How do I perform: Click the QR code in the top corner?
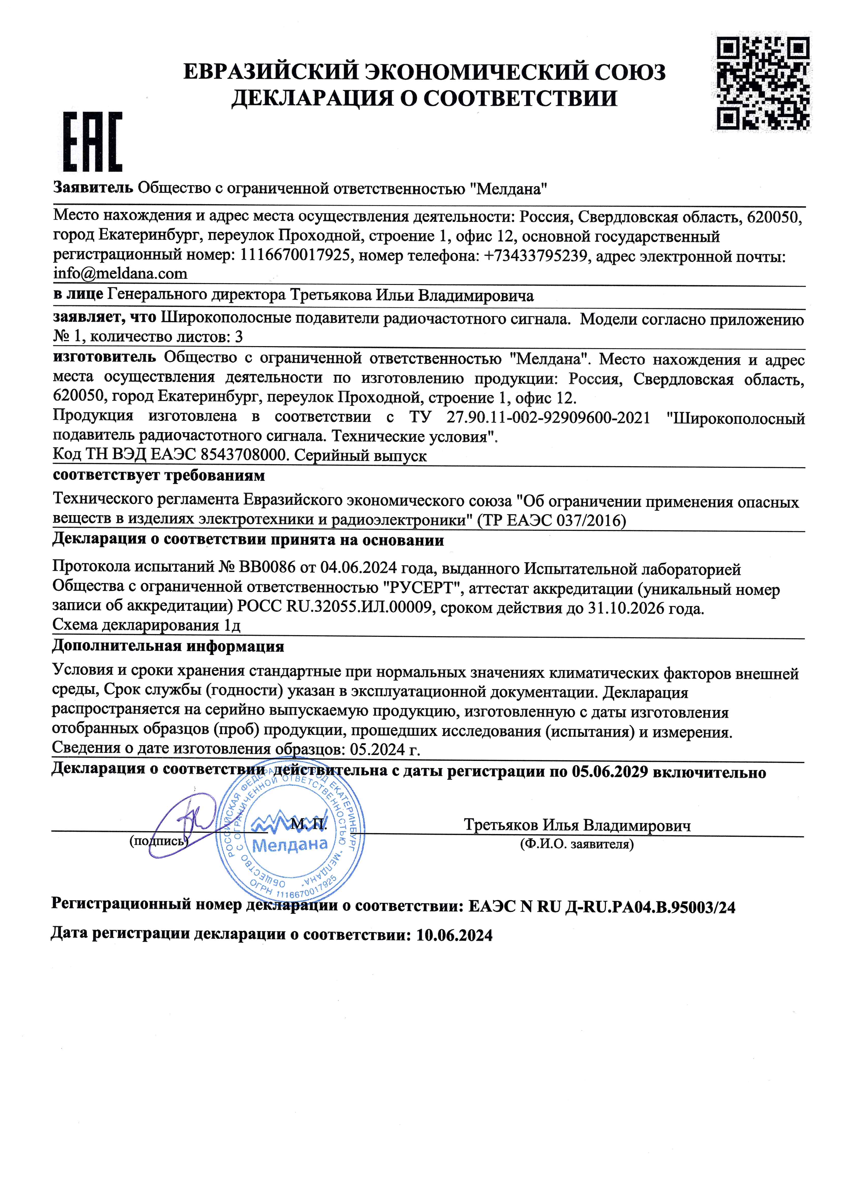click(x=763, y=83)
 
